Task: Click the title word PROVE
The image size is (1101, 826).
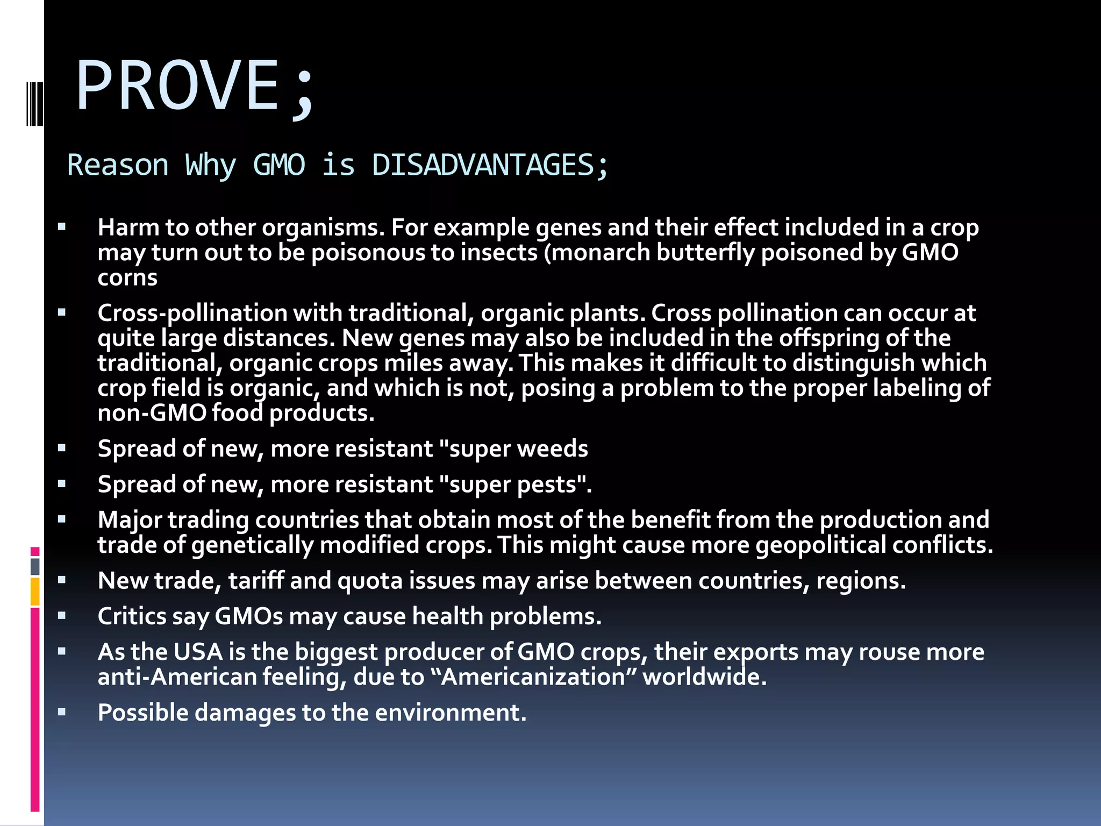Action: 177,86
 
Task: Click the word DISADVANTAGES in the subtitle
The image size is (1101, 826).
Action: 482,165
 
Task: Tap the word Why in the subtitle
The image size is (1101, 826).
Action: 210,165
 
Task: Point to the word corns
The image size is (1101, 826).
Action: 127,278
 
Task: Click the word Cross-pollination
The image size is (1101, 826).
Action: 192,314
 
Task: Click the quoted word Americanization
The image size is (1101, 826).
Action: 533,677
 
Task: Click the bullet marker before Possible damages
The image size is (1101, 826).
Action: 62,713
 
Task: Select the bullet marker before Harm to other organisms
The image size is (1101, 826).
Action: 62,227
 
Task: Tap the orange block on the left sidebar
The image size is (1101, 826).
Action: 35,592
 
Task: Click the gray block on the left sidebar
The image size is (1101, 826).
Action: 35,566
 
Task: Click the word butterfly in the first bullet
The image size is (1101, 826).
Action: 705,253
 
